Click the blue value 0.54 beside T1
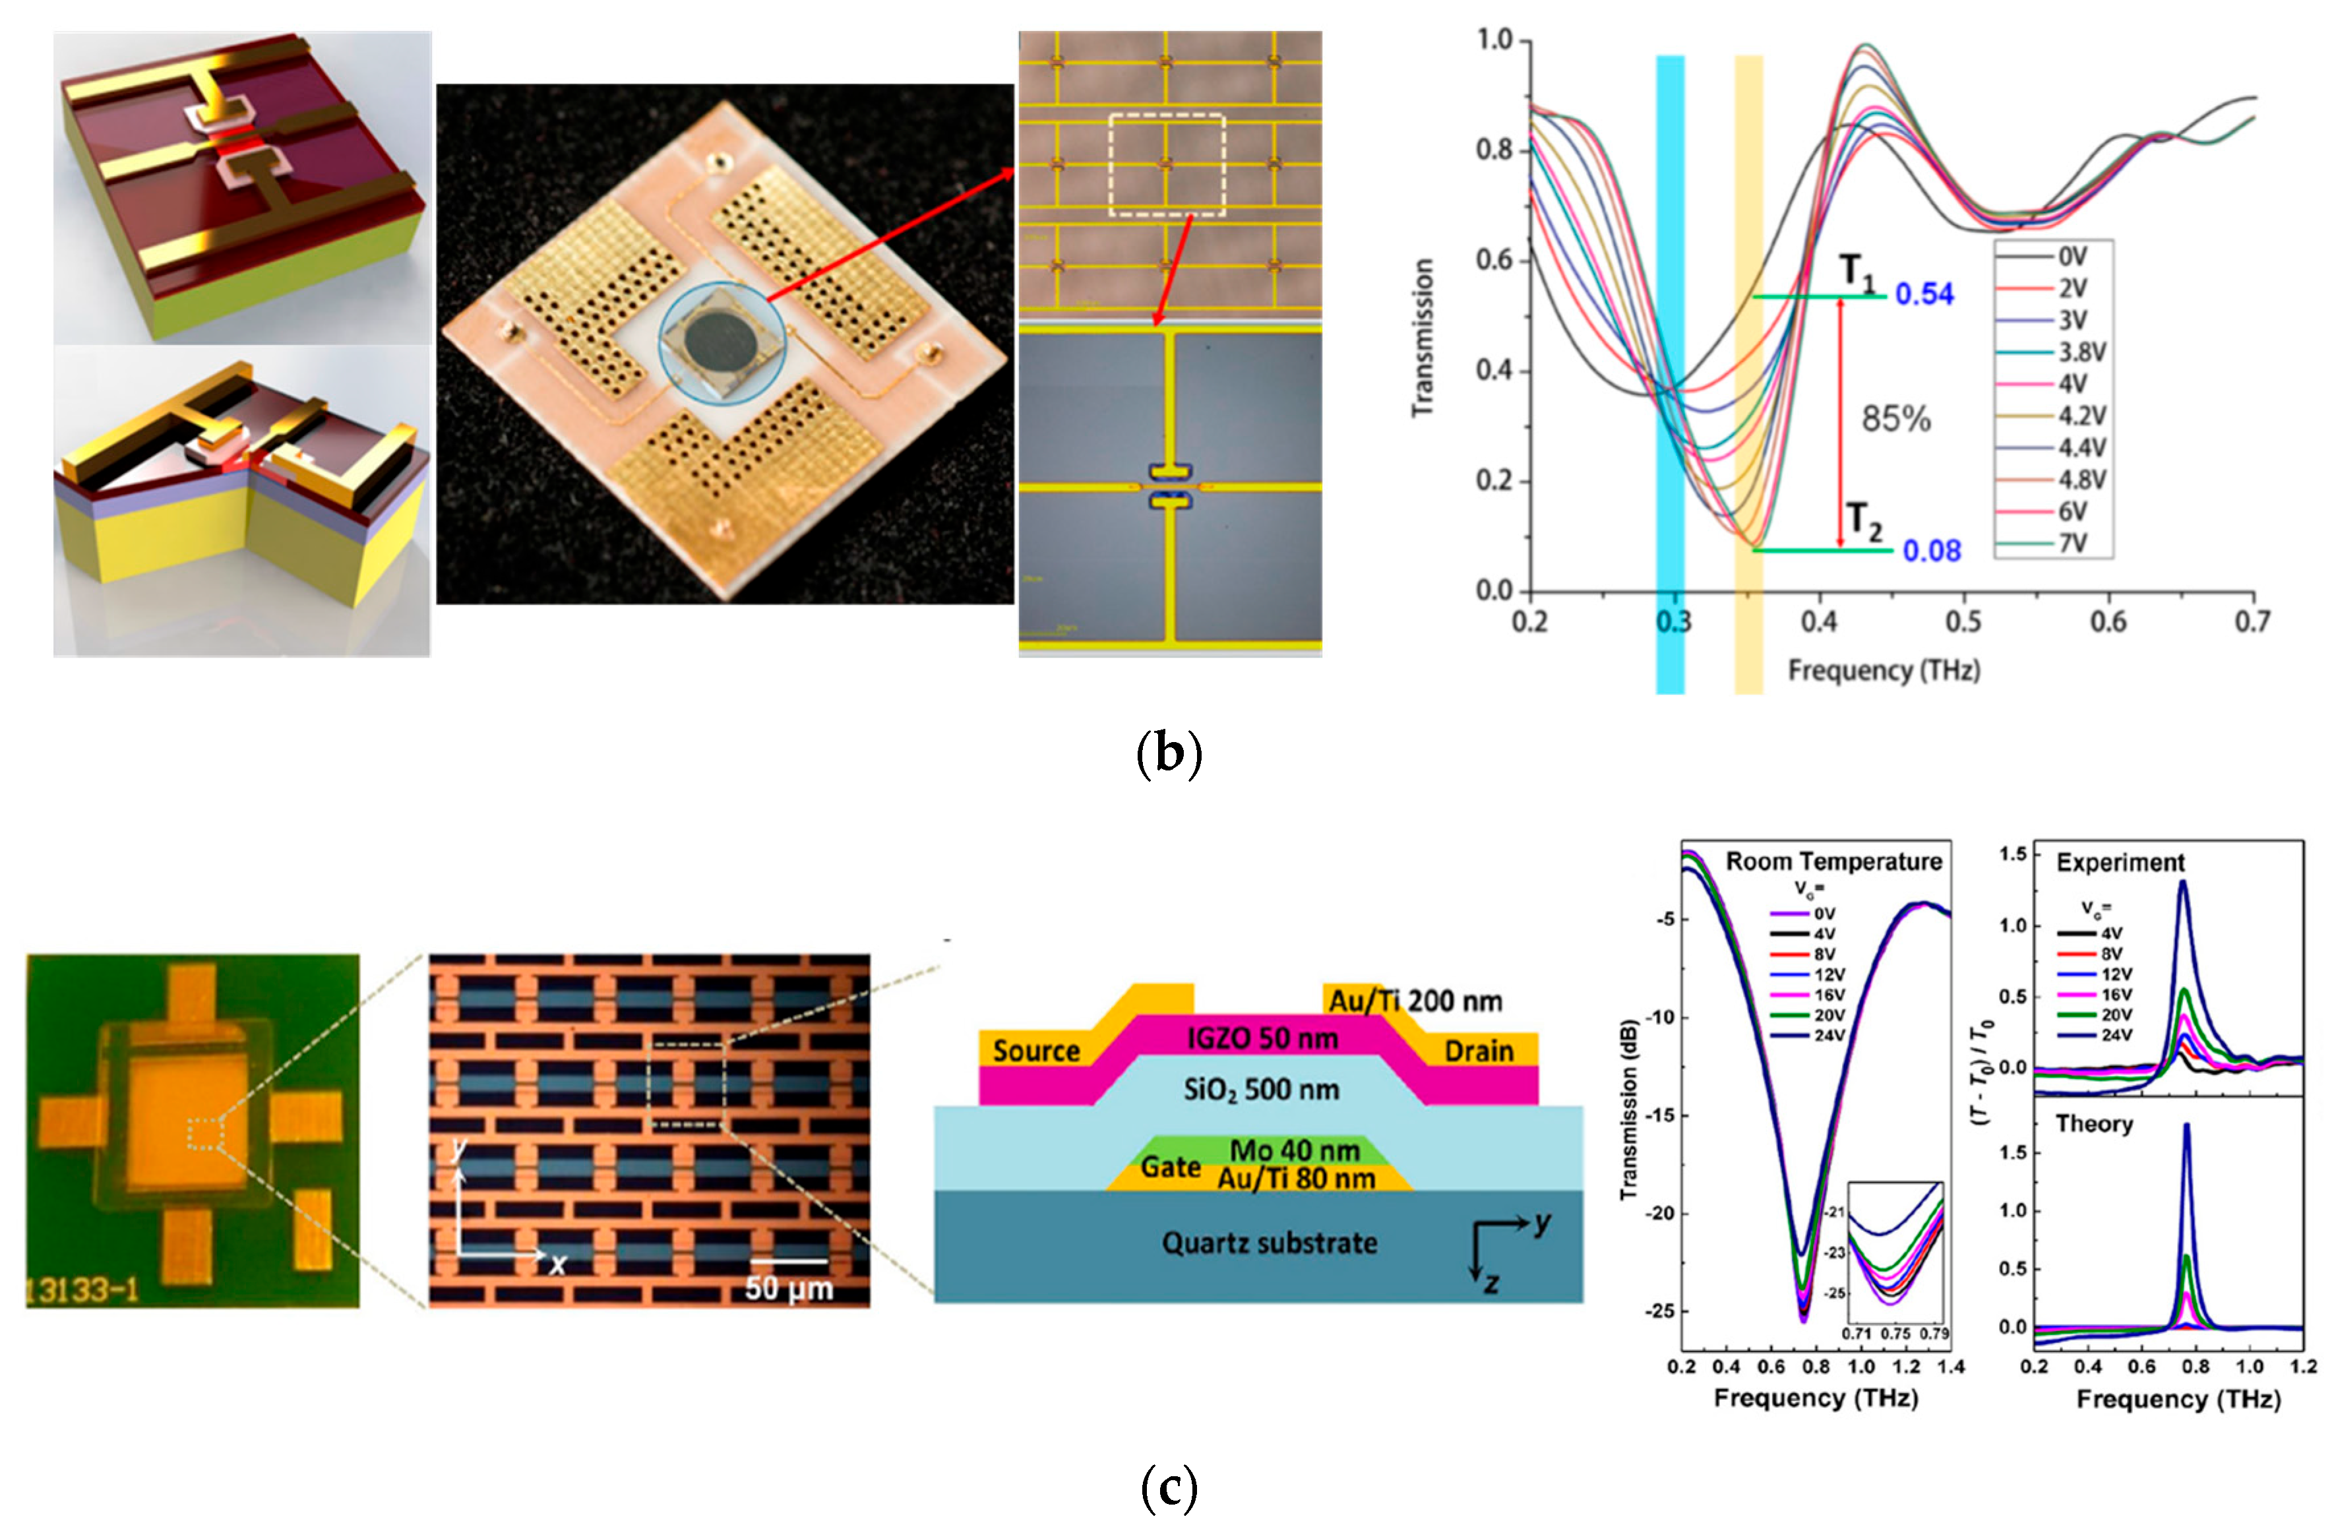point(1924,294)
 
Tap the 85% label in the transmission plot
point(1895,419)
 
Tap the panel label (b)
point(1168,753)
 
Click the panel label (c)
point(1168,1488)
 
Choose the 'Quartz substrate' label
point(1269,1243)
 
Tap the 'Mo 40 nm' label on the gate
point(1295,1150)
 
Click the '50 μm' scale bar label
point(789,1288)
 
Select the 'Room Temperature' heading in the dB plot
point(1834,861)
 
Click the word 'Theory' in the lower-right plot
point(2094,1124)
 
